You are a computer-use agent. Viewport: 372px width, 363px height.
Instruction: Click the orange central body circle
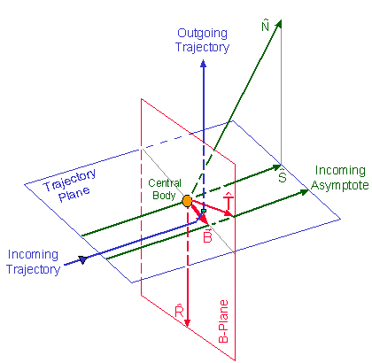(187, 201)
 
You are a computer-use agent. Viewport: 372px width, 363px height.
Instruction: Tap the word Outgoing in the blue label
(202, 34)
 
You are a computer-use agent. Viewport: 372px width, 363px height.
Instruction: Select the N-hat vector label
(266, 26)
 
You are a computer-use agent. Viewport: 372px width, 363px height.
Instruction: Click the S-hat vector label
(283, 176)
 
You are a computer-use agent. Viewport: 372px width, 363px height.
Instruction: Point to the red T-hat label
(229, 201)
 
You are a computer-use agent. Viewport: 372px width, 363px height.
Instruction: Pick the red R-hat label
(180, 312)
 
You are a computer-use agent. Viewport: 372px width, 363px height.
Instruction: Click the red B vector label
(207, 236)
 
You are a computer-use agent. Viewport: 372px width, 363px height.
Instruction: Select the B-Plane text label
(223, 321)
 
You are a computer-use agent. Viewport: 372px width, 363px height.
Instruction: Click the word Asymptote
(340, 186)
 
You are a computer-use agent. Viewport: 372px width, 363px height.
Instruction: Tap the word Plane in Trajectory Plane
(74, 194)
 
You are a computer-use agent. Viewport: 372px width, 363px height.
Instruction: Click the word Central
(165, 183)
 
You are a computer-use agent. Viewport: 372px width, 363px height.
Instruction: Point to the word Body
(164, 196)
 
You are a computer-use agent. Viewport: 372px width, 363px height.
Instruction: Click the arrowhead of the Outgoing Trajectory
(203, 63)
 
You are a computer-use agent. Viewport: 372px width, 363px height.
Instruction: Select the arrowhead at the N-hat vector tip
(278, 24)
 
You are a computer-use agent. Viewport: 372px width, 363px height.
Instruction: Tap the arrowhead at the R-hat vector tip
(187, 322)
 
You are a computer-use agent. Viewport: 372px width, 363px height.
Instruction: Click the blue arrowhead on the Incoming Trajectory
(83, 259)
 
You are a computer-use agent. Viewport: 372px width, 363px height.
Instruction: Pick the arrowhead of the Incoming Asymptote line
(305, 192)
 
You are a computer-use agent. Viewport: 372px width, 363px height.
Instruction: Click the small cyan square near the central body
(204, 211)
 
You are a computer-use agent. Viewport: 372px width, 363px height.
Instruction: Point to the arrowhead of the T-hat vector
(229, 213)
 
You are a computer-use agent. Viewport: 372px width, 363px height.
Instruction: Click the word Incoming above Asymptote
(340, 171)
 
